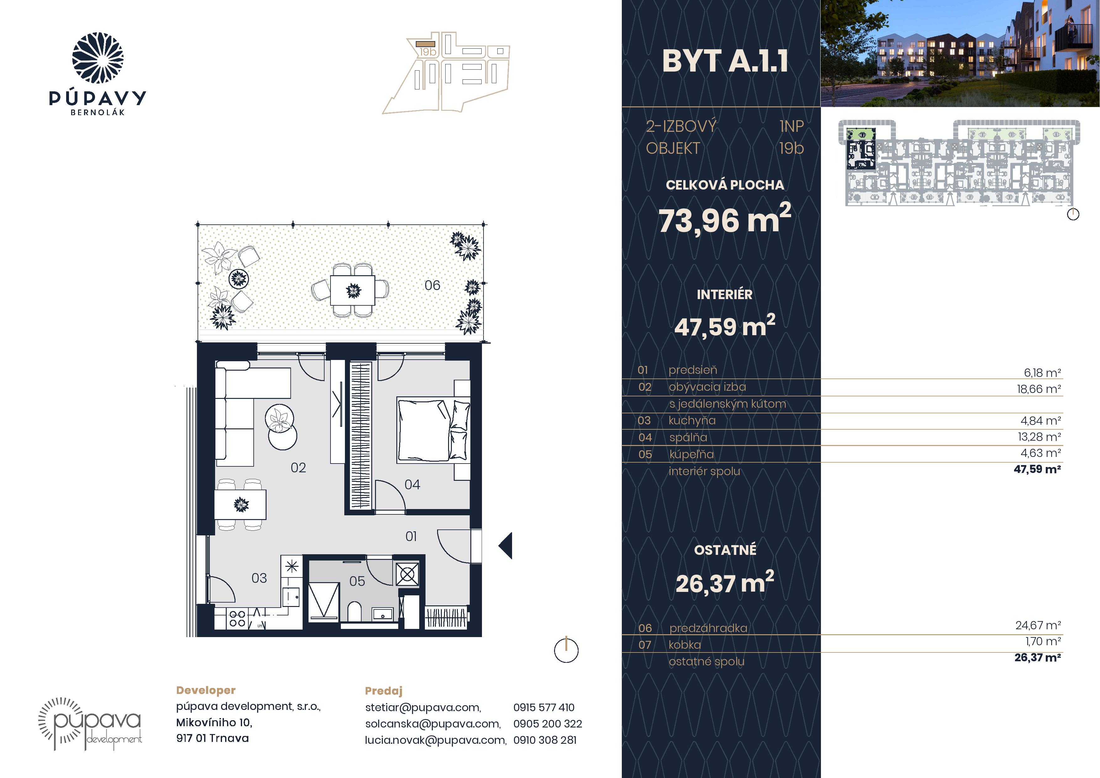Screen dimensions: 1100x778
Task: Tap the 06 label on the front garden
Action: tap(432, 285)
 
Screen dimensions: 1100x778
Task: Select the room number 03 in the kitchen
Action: tap(259, 578)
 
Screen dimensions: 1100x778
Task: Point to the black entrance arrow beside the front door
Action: tap(505, 545)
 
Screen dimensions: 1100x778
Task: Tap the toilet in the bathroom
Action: tap(355, 612)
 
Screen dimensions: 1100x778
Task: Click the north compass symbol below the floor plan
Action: tap(566, 651)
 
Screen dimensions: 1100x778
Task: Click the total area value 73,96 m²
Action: tap(725, 219)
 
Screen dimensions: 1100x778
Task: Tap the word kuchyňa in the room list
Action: tap(692, 421)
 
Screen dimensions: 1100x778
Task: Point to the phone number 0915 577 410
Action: tap(544, 707)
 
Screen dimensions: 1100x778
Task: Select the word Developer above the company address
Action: tap(206, 690)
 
